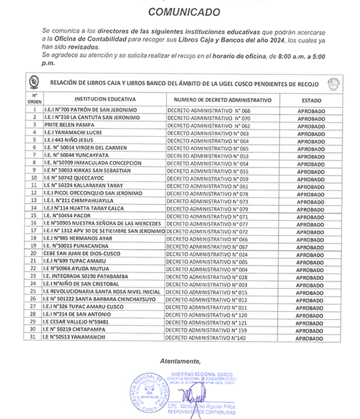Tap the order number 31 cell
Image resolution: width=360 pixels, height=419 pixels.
(x=34, y=337)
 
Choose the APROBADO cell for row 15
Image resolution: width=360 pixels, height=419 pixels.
(x=311, y=216)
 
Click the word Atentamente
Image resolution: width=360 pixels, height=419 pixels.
(x=180, y=360)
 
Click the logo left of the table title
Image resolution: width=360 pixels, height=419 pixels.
(x=34, y=83)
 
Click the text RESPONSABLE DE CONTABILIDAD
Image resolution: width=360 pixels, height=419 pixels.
(x=204, y=412)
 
